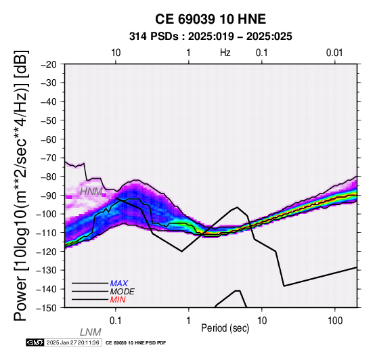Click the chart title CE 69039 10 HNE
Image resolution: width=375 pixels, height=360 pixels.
click(x=211, y=19)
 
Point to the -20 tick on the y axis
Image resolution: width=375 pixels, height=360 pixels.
click(x=49, y=64)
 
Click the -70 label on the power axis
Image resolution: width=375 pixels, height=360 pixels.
click(x=49, y=158)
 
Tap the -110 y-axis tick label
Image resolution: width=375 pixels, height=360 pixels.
click(x=47, y=233)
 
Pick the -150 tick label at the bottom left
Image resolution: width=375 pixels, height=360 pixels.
click(x=47, y=308)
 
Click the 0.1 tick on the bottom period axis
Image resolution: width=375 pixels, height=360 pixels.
click(x=116, y=321)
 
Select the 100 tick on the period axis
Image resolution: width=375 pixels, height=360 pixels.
click(x=335, y=321)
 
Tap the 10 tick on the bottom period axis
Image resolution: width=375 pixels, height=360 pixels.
click(x=262, y=321)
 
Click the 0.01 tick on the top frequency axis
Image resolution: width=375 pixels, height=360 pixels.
click(x=334, y=53)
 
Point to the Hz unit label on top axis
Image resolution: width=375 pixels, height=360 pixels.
click(x=225, y=53)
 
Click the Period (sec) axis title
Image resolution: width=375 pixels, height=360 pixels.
click(x=225, y=328)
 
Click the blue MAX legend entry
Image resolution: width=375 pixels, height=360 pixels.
click(x=119, y=284)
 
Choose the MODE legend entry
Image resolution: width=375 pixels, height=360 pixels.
click(x=123, y=292)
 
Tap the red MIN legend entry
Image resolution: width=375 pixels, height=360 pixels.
click(x=118, y=300)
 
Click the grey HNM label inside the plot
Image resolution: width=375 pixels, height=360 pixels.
click(x=91, y=192)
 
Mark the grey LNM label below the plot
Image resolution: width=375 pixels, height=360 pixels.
click(x=91, y=332)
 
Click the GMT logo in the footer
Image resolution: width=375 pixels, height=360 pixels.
click(x=35, y=342)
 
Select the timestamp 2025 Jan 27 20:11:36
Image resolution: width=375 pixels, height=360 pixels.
click(x=72, y=342)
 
